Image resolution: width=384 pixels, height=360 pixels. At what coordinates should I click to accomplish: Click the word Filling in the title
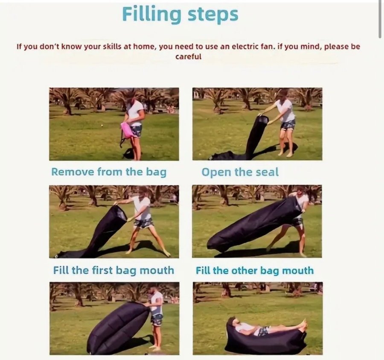[151, 15]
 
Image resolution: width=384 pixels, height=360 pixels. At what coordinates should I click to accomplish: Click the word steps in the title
[213, 15]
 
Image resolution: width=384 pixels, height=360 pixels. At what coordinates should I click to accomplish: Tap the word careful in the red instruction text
[188, 57]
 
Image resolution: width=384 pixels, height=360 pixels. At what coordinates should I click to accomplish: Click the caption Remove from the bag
[109, 172]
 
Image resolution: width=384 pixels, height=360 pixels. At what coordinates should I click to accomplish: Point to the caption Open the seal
[240, 172]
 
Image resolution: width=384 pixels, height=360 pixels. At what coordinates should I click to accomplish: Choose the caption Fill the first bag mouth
[113, 270]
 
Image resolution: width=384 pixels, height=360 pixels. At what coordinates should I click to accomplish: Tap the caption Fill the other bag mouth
[255, 271]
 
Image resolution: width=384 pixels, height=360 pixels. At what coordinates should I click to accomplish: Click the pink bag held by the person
[127, 130]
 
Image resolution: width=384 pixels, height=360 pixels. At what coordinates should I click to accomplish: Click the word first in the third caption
[102, 270]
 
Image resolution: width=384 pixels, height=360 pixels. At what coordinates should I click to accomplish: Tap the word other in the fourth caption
[244, 271]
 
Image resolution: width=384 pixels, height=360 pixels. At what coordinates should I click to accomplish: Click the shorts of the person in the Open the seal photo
[288, 125]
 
